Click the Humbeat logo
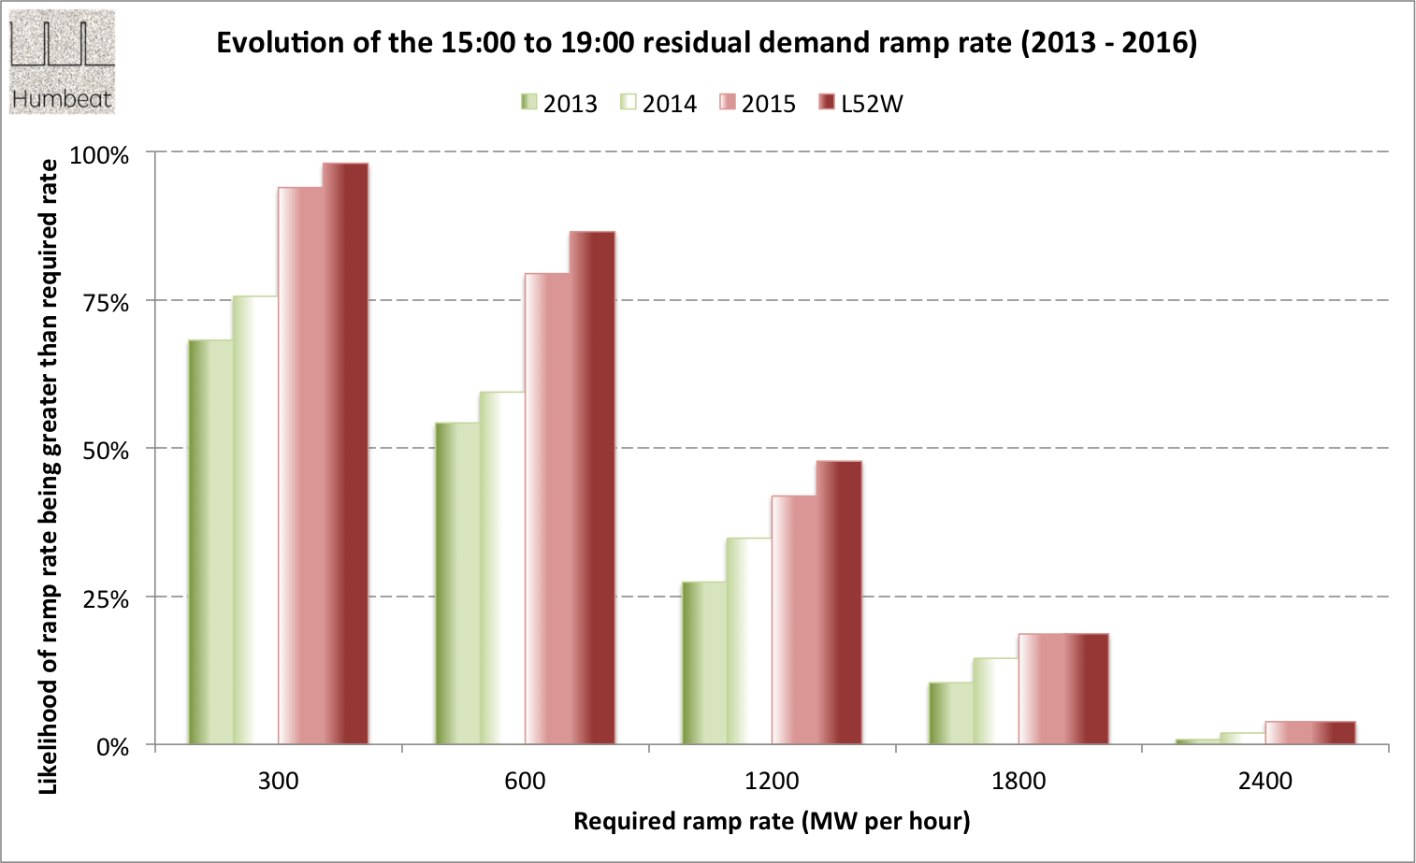[x=62, y=62]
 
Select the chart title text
[x=706, y=43]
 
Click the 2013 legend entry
[x=559, y=104]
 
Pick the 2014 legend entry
[x=658, y=104]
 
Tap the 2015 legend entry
[x=758, y=104]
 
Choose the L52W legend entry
[x=860, y=104]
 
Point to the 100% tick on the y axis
[x=99, y=155]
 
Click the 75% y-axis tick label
[x=106, y=303]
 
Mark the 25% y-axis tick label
[x=106, y=599]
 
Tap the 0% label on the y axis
[x=112, y=747]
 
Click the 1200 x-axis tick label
[x=772, y=781]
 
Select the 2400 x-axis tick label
[x=1264, y=781]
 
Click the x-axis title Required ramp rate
[x=772, y=821]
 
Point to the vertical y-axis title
[x=48, y=477]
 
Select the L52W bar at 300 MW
[x=345, y=453]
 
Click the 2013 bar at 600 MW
[x=457, y=583]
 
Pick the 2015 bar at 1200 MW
[x=794, y=620]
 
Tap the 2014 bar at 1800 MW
[x=995, y=701]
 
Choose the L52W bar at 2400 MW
[x=1332, y=733]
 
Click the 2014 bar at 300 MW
[x=255, y=520]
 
